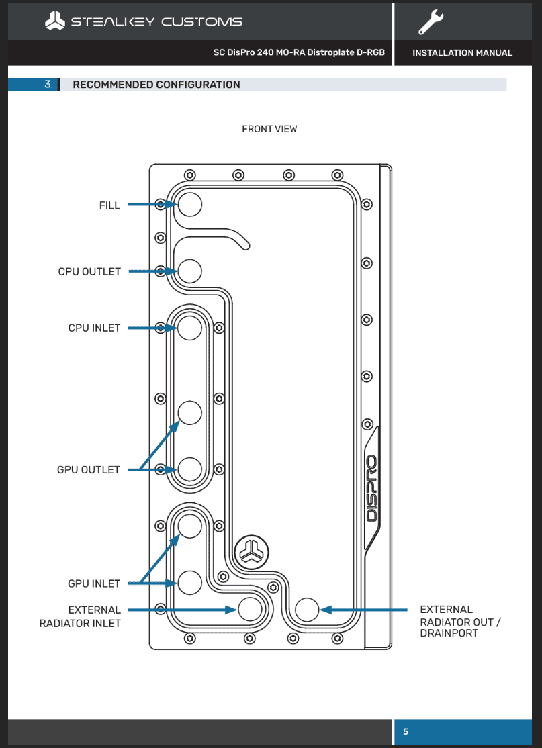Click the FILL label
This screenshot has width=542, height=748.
(109, 205)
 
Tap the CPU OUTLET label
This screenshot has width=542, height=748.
(89, 272)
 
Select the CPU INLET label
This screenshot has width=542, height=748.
(94, 328)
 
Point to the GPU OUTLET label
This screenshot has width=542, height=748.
(88, 470)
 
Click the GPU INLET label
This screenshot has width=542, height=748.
(94, 583)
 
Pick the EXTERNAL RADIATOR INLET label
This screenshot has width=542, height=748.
(80, 616)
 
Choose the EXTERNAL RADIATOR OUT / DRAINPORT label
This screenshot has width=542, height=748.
(459, 621)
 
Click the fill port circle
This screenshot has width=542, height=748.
(190, 205)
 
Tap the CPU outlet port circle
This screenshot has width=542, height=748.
(190, 271)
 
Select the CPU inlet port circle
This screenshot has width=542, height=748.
(190, 328)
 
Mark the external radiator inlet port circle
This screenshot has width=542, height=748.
(251, 610)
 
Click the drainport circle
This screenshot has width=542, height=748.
(307, 610)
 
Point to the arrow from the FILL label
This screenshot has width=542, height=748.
(151, 205)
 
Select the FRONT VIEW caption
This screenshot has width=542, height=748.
(269, 129)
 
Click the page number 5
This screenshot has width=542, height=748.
(405, 731)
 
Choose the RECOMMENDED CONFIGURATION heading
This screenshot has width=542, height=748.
(156, 85)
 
